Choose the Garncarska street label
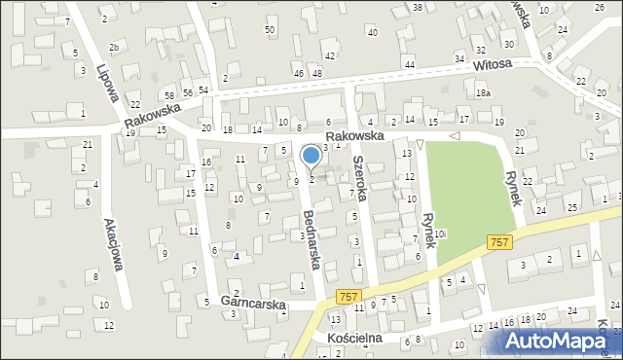[252, 304]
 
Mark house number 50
[270, 30]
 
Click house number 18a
[483, 93]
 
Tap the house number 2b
[114, 47]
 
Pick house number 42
[330, 56]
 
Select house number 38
[417, 8]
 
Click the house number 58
[169, 94]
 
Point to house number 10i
[440, 234]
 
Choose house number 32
[480, 49]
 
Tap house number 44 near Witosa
[409, 64]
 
